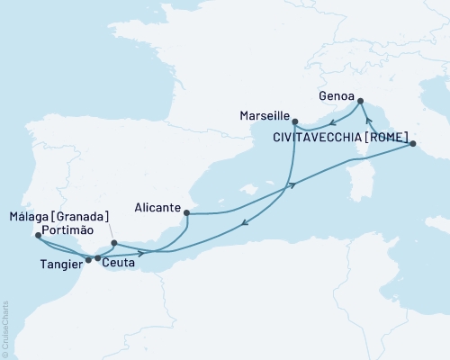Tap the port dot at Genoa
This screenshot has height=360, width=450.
coord(360,101)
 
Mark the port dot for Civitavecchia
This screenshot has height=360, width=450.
coord(411,143)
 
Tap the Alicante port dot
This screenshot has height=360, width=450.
coord(186,213)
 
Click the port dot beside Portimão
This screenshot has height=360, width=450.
coord(37,236)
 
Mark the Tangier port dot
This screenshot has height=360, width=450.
coord(88,260)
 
